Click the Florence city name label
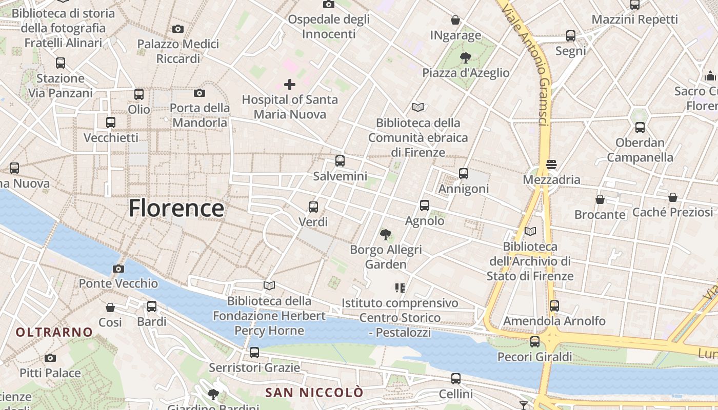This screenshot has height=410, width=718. click(176, 208)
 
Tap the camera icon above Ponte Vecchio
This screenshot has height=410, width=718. click(118, 269)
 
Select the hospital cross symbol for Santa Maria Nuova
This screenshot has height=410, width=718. click(290, 85)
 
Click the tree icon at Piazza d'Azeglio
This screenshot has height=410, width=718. click(466, 57)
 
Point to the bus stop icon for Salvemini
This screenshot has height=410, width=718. click(340, 161)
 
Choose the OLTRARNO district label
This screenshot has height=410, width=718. click(54, 332)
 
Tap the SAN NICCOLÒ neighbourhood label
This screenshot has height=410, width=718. click(314, 393)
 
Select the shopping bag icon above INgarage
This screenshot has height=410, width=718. click(455, 20)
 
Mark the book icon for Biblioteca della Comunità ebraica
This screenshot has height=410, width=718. click(418, 108)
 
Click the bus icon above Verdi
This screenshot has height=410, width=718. click(313, 207)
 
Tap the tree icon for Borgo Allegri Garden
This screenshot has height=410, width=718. click(385, 235)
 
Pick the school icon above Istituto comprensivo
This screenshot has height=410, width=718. click(400, 288)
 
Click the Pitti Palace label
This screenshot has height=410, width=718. click(50, 373)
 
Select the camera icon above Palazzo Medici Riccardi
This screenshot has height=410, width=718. click(178, 29)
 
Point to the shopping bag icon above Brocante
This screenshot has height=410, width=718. click(600, 199)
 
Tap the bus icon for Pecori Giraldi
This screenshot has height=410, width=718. click(535, 341)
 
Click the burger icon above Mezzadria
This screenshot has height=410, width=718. click(551, 165)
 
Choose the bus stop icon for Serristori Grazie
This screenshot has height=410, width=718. click(254, 353)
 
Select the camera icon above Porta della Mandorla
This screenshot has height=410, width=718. click(200, 93)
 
